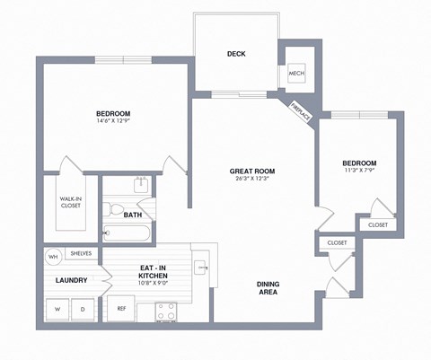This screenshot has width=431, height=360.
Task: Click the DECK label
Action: [x=236, y=54]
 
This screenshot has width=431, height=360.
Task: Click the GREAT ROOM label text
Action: [x=252, y=171]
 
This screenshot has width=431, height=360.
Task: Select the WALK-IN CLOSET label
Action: [x=71, y=202]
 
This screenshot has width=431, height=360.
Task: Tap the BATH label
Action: [x=133, y=215]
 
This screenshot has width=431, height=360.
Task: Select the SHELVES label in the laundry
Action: [x=81, y=254]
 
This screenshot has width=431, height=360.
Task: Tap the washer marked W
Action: [x=58, y=309]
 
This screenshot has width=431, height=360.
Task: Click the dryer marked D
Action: [x=84, y=309]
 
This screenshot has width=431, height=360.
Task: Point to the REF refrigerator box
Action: [x=120, y=309]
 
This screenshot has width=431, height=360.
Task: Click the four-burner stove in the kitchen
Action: [x=166, y=311]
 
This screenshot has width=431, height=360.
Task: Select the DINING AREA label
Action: [x=268, y=288]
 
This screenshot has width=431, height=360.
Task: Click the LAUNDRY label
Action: [x=71, y=280]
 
